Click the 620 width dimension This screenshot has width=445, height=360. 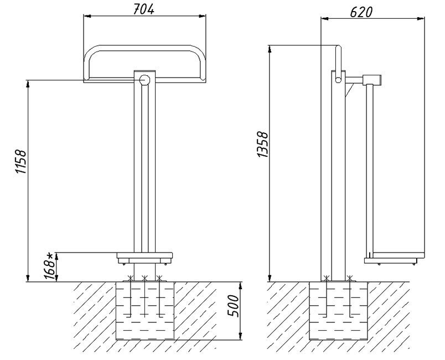pos(360,11)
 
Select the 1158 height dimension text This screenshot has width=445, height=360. pos(20,162)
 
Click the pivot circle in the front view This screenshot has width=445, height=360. pos(145,80)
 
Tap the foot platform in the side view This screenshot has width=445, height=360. pos(394,256)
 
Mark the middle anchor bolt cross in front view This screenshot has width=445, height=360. pos(144,277)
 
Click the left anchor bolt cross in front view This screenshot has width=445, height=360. pos(131,277)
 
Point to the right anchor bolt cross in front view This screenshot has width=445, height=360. pos(159,277)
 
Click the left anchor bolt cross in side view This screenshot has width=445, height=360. pos(327,277)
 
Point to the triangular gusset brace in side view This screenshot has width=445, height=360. pos(349,89)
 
